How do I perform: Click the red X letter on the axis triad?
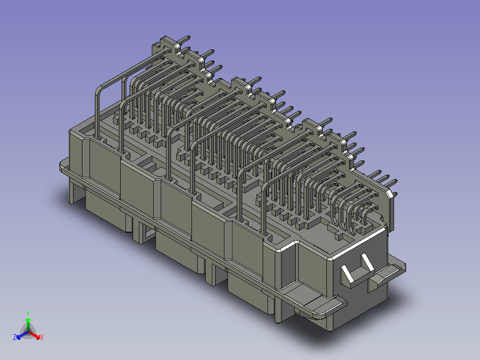coord(41,338)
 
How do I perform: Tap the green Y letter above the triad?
coord(28,313)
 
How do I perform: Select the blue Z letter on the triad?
coord(15,338)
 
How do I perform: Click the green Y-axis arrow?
coord(28,323)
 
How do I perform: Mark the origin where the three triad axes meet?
coord(28,332)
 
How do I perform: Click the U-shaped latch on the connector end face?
coord(358,272)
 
